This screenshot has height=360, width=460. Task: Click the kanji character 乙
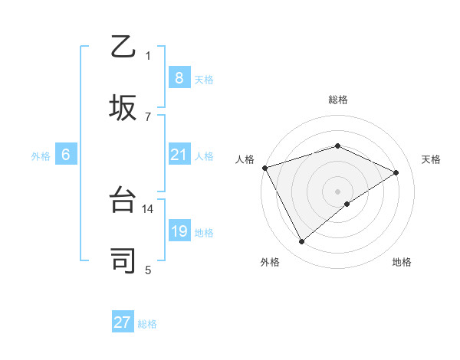(123, 47)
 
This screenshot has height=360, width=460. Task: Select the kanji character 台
(123, 200)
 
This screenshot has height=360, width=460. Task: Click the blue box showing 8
(179, 77)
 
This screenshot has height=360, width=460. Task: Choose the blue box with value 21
(179, 155)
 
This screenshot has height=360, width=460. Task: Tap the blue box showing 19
(179, 231)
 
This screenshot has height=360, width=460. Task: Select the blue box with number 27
(123, 322)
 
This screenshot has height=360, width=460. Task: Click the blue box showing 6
(65, 155)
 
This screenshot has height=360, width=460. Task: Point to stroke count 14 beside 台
(149, 208)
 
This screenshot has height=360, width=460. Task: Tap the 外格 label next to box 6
(41, 156)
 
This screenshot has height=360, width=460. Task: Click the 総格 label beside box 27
(147, 324)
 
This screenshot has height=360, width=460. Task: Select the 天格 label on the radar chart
(431, 159)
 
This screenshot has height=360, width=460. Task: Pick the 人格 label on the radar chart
(245, 159)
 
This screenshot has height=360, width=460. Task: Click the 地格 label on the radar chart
(402, 262)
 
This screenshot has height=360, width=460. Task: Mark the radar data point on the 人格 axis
(264, 168)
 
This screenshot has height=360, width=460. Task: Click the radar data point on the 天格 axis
(396, 172)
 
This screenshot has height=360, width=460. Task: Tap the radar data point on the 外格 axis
(302, 242)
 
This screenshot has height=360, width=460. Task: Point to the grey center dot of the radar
(337, 191)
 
